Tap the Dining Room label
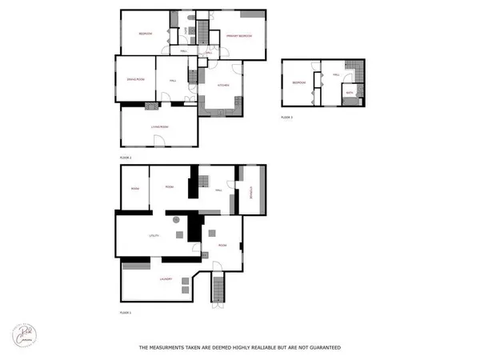click(134, 79)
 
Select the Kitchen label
click(223, 85)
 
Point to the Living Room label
click(159, 127)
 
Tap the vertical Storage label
click(250, 191)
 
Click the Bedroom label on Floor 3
click(299, 82)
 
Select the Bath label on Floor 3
click(349, 94)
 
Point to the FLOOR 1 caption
click(125, 312)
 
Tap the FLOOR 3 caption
click(287, 117)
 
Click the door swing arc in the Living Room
click(159, 142)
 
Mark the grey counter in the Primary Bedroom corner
click(258, 17)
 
